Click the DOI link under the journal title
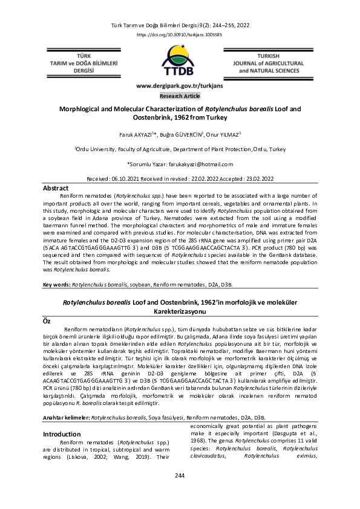click(x=180, y=35)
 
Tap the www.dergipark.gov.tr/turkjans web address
click(x=180, y=86)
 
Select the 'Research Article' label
click(x=180, y=96)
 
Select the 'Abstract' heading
click(x=56, y=189)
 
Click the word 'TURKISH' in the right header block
click(x=269, y=54)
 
